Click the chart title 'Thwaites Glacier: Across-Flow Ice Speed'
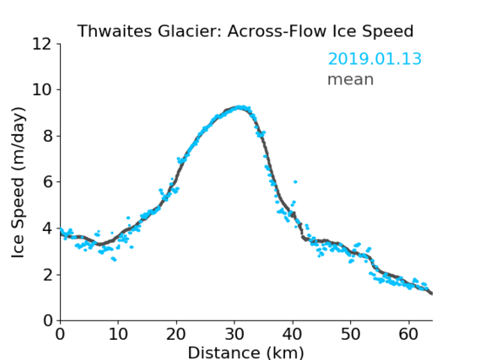245,31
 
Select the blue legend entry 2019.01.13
375,59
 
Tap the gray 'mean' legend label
351,79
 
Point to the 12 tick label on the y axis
42,44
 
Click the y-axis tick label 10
42,90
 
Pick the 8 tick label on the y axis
48,136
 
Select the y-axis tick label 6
48,182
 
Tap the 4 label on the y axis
48,228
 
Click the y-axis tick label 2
48,275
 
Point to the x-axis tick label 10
118,334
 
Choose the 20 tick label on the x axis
176,334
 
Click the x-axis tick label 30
235,334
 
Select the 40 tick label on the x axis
293,334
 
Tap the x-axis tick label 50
351,334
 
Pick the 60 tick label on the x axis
408,334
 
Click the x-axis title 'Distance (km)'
245,352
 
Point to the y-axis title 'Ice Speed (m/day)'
18,183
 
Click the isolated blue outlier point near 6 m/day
295,181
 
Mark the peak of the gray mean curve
239,107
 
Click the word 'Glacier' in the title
189,31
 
